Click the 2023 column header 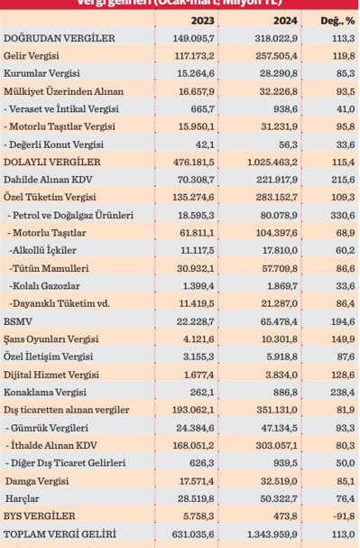(x=206, y=20)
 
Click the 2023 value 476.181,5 (x=202, y=161)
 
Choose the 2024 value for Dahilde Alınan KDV (x=277, y=179)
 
